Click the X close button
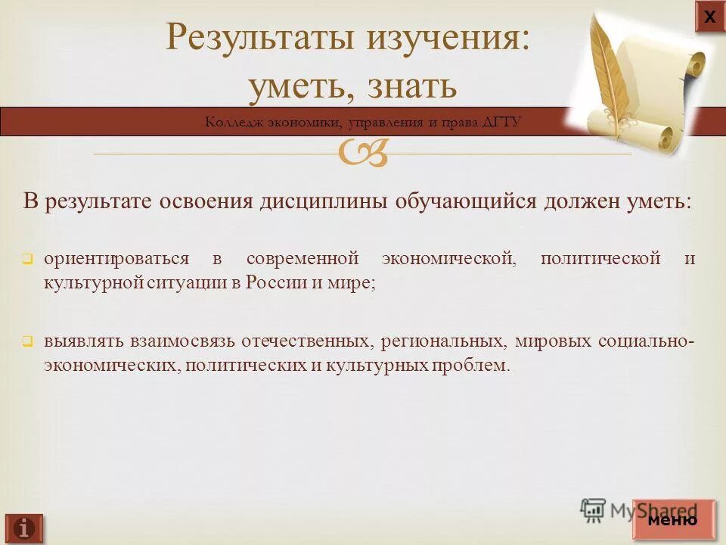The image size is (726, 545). [x=709, y=17]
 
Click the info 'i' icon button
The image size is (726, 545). [x=23, y=527]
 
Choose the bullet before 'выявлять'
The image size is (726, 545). [x=26, y=342]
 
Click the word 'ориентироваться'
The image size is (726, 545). [x=116, y=259]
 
